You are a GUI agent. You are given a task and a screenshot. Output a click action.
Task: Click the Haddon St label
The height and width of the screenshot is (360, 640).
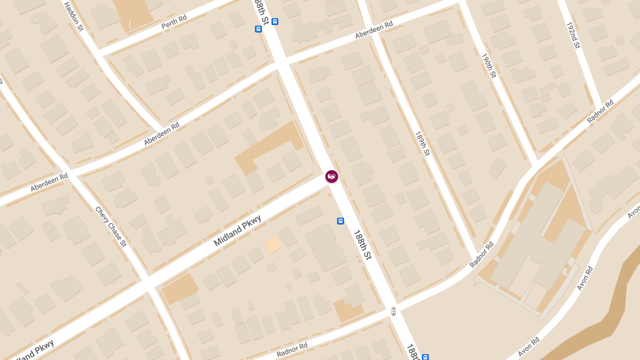[74, 17]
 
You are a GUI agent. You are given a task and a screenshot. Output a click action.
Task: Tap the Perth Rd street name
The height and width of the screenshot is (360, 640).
[174, 22]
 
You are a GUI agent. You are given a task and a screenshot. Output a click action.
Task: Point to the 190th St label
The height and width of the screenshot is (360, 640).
[489, 66]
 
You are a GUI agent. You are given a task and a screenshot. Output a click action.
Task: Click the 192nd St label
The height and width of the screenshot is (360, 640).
[572, 36]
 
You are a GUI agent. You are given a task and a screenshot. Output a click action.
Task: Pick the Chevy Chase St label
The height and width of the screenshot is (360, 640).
[111, 227]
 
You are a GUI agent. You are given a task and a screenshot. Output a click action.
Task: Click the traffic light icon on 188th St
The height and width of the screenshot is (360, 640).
[394, 311]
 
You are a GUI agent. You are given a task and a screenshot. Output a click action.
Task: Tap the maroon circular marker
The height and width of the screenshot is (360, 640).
[332, 176]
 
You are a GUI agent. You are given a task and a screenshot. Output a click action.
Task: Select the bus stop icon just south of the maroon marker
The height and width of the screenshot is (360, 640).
[340, 221]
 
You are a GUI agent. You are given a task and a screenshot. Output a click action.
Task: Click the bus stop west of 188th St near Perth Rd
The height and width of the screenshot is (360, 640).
[259, 29]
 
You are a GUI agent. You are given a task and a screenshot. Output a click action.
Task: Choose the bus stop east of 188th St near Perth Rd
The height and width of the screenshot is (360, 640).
[275, 21]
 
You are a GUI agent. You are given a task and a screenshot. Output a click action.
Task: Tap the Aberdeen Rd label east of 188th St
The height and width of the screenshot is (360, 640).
[374, 30]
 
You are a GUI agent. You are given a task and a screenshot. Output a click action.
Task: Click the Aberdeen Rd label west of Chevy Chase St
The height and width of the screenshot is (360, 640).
[49, 182]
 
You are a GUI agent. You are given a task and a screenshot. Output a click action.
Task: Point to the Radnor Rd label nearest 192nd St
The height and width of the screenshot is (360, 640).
[601, 111]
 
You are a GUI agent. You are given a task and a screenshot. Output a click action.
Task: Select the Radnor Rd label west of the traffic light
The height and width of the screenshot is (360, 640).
[292, 349]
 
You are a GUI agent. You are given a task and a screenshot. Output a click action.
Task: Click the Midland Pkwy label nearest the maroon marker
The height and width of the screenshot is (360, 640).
[237, 230]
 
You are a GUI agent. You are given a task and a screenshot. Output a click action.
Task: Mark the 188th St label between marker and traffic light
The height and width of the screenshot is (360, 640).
[362, 245]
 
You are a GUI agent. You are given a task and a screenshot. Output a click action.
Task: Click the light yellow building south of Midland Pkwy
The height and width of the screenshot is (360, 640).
[273, 245]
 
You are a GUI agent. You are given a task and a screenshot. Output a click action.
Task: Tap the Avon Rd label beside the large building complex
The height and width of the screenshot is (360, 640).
[585, 278]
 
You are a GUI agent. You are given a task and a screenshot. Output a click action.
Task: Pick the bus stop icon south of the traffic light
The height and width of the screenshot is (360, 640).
[425, 357]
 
